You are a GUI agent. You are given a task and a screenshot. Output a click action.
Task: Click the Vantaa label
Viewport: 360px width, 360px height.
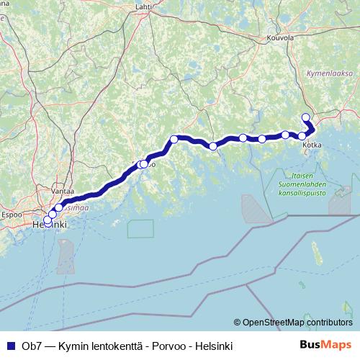[x=63, y=192]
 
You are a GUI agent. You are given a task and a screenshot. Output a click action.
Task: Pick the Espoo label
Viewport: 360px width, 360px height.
[x=13, y=214]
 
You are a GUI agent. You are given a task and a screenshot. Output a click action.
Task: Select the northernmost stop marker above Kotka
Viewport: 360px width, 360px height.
[x=305, y=117]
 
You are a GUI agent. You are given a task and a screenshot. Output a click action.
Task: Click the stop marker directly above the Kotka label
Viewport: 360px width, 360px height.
[x=303, y=136]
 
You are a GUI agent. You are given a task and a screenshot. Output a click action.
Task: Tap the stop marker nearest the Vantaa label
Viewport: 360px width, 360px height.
[x=59, y=208]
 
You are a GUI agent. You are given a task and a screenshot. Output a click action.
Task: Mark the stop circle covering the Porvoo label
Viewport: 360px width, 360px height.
[x=144, y=164]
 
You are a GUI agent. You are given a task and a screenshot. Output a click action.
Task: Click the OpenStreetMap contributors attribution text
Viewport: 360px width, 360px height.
[x=297, y=323]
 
